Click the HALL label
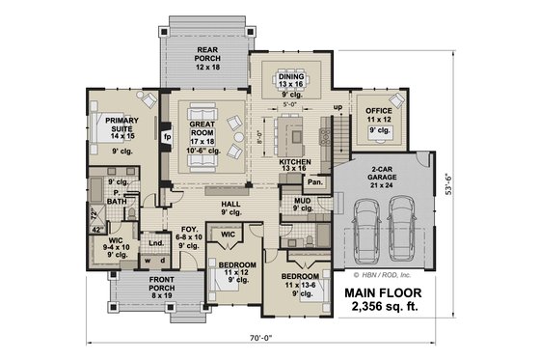(231, 205)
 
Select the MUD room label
(302, 203)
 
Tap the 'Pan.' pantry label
(315, 181)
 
